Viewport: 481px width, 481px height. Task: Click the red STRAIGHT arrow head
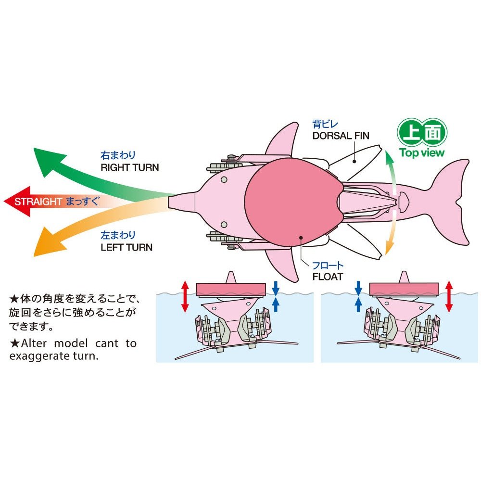pyautogui.click(x=12, y=201)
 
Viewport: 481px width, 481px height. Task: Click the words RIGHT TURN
pyautogui.click(x=129, y=168)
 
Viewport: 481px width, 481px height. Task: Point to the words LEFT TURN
pyautogui.click(x=127, y=248)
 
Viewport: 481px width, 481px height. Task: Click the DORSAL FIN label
pyautogui.click(x=341, y=136)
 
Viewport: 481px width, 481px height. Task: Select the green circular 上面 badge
pyautogui.click(x=422, y=132)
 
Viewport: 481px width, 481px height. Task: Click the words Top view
pyautogui.click(x=422, y=153)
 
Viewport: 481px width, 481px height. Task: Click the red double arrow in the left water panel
pyautogui.click(x=185, y=297)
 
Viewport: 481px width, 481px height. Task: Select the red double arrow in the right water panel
pyautogui.click(x=449, y=297)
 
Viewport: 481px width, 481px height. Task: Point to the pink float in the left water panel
pyautogui.click(x=231, y=289)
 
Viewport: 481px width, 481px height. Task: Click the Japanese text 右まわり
pyautogui.click(x=118, y=155)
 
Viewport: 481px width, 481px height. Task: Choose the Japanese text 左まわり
pyautogui.click(x=118, y=235)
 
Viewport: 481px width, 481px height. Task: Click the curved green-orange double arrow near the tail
pyautogui.click(x=392, y=202)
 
